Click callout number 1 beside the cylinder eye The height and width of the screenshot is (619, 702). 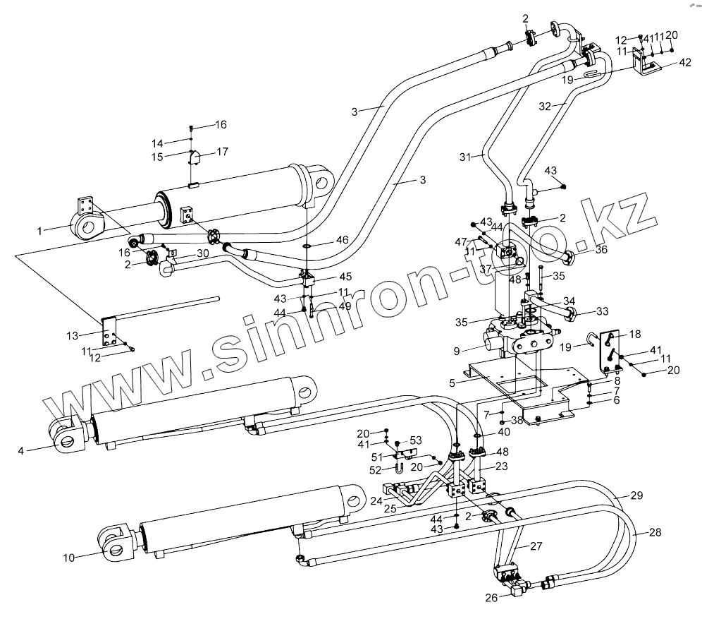click(x=40, y=230)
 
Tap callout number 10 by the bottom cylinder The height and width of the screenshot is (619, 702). click(x=68, y=558)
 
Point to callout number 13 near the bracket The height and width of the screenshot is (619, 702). click(x=71, y=335)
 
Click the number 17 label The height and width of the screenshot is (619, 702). click(x=222, y=151)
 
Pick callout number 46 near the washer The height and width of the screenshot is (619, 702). click(x=342, y=240)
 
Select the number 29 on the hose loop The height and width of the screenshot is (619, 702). click(x=636, y=496)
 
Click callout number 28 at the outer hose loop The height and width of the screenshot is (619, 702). click(x=655, y=533)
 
